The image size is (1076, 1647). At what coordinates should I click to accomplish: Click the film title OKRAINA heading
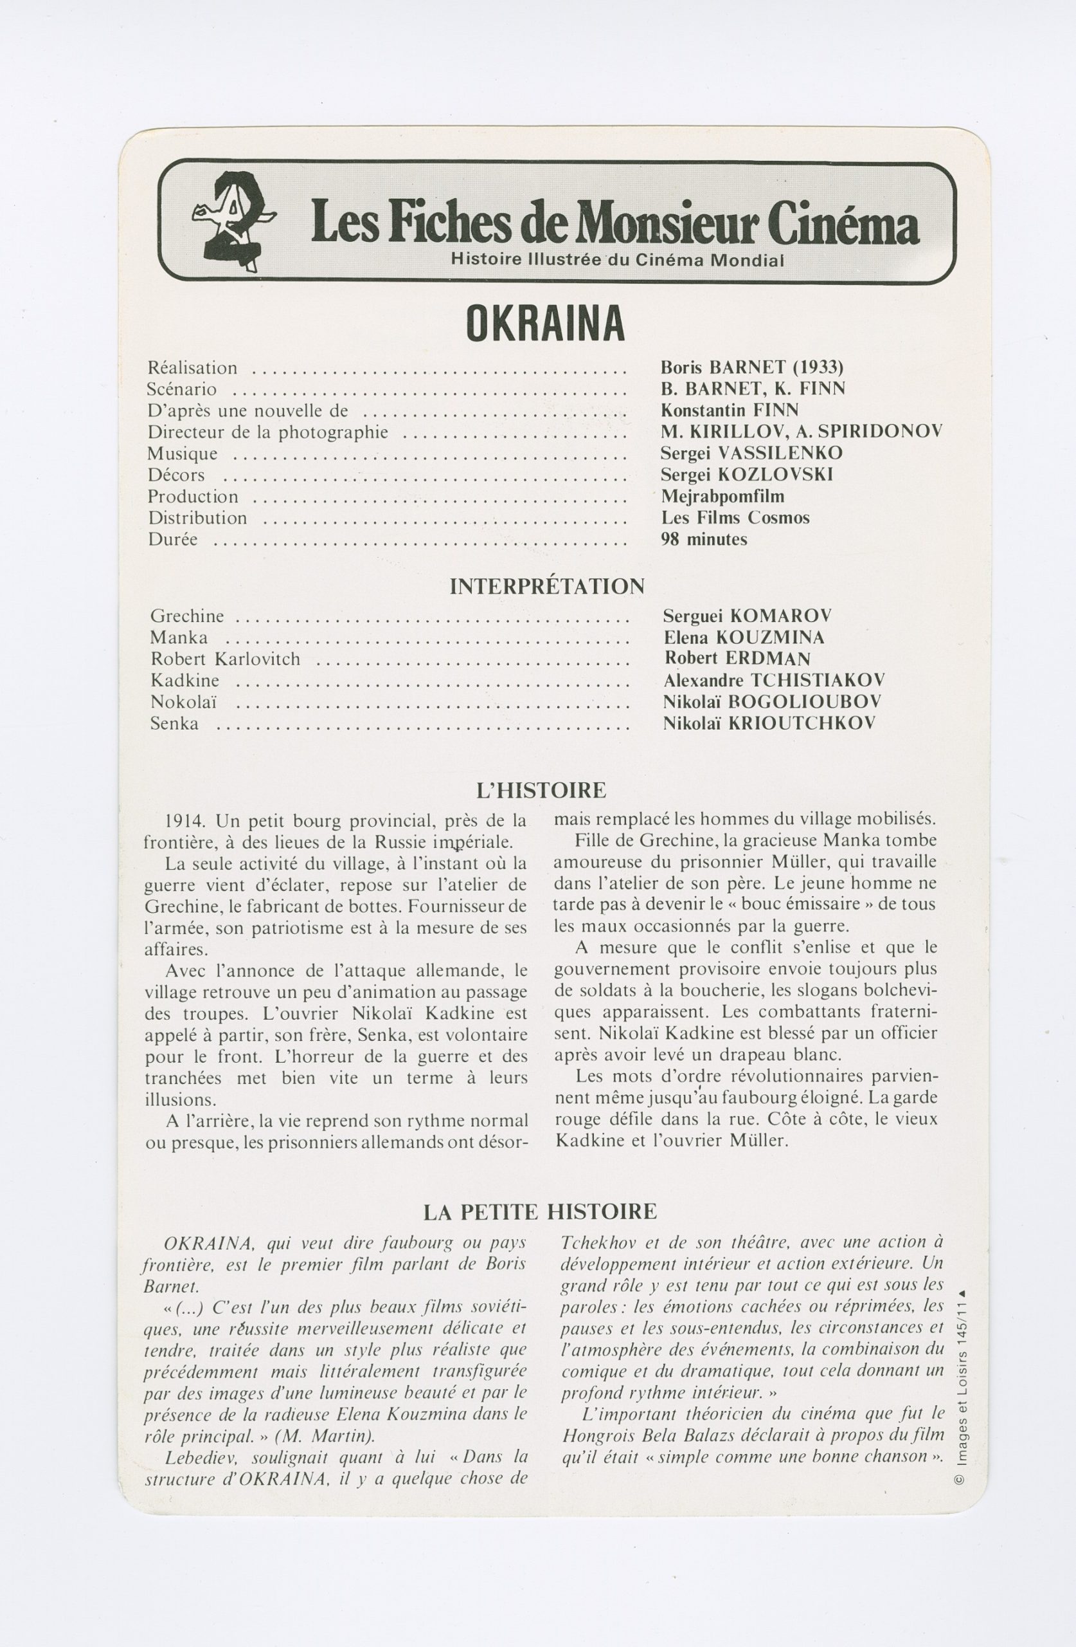pyautogui.click(x=546, y=323)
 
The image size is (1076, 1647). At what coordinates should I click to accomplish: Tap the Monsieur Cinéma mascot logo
pyautogui.click(x=232, y=221)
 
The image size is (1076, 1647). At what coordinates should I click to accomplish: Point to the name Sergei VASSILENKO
pyautogui.click(x=751, y=454)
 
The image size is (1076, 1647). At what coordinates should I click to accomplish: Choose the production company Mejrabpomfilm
pyautogui.click(x=722, y=496)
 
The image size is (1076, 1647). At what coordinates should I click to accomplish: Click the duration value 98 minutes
pyautogui.click(x=704, y=539)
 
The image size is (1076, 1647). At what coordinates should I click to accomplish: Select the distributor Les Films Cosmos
pyautogui.click(x=735, y=518)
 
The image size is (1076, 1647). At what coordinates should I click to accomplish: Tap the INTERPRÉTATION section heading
pyautogui.click(x=546, y=587)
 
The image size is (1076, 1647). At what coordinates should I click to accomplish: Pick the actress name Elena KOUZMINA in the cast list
pyautogui.click(x=744, y=637)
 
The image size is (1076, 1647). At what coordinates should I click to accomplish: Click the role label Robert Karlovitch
pyautogui.click(x=226, y=659)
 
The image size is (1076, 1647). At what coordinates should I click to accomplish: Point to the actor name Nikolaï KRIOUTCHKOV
pyautogui.click(x=769, y=723)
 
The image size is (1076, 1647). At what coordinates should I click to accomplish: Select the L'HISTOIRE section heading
pyautogui.click(x=541, y=789)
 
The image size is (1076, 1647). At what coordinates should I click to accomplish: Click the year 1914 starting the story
pyautogui.click(x=184, y=822)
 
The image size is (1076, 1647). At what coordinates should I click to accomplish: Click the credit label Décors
pyautogui.click(x=176, y=475)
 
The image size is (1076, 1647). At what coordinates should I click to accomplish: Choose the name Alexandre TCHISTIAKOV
pyautogui.click(x=773, y=680)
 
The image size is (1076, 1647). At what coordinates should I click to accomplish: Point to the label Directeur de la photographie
pyautogui.click(x=267, y=432)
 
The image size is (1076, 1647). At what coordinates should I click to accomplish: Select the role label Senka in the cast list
pyautogui.click(x=174, y=724)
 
